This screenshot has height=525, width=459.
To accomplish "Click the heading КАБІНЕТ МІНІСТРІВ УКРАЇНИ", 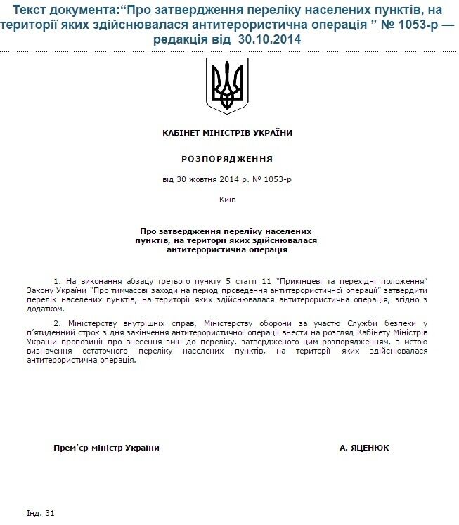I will [x=227, y=132].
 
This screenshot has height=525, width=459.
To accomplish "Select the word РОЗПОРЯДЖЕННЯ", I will [x=227, y=159].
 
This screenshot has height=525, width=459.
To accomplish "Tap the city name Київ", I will [x=227, y=200].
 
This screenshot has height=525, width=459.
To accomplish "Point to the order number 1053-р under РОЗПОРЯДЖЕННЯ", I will [x=276, y=180].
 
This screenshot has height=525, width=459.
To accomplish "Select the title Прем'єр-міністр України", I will [x=106, y=448].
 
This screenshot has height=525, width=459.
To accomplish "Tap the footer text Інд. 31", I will [x=40, y=513].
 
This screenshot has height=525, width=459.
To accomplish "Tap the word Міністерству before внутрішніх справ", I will [x=90, y=323].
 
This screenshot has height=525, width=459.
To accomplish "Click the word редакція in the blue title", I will [x=194, y=39].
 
